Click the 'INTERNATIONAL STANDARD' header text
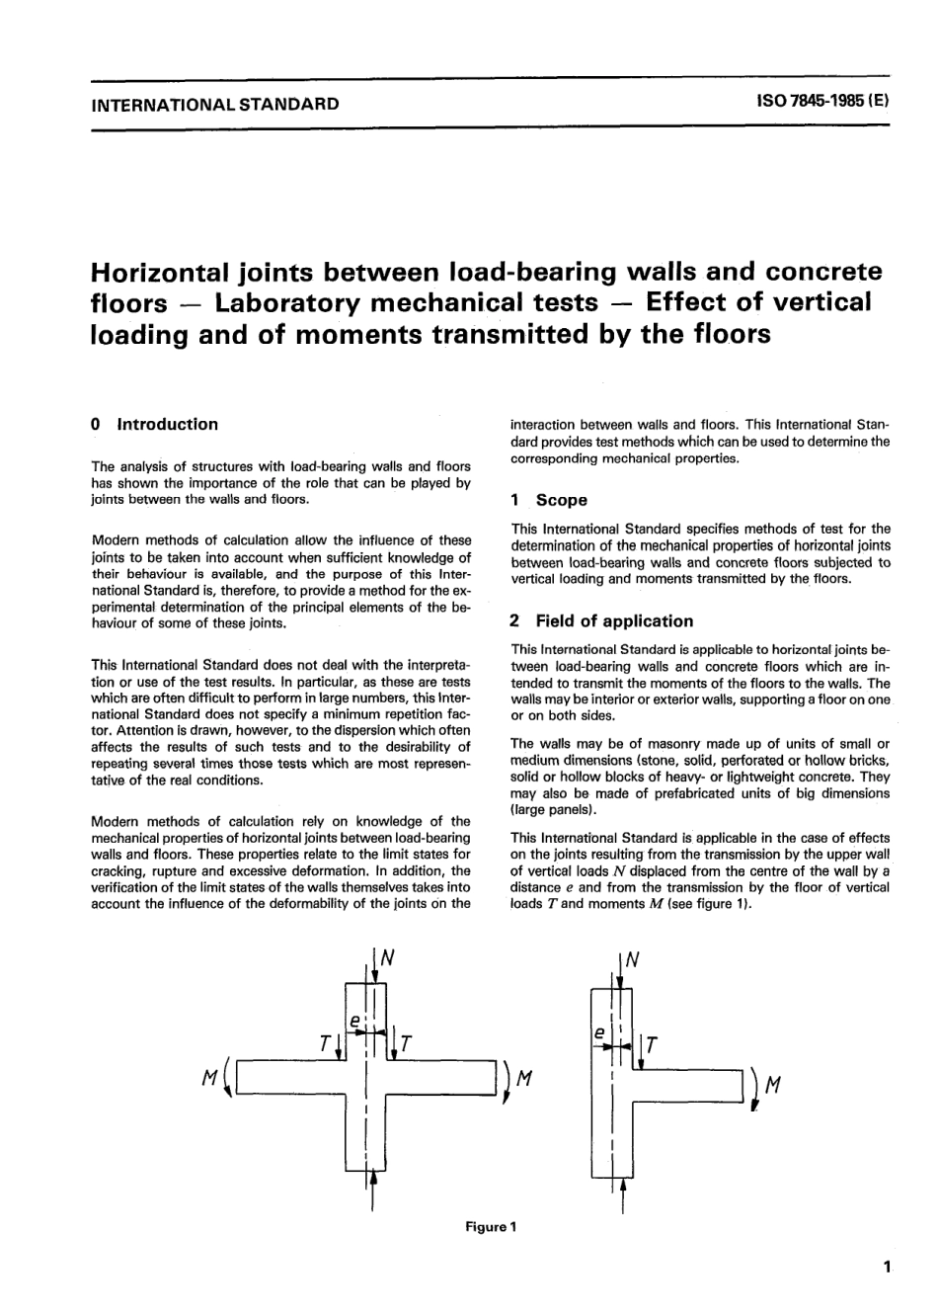tap(214, 104)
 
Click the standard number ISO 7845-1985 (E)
tap(822, 103)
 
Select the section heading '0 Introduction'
tap(154, 425)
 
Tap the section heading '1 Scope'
tap(549, 500)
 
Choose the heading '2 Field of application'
tap(602, 621)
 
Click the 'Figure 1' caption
tap(492, 1227)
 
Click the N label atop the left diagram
tap(388, 957)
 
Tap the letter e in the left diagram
tap(352, 1018)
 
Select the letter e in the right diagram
tap(598, 1030)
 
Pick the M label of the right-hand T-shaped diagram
tap(774, 1086)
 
